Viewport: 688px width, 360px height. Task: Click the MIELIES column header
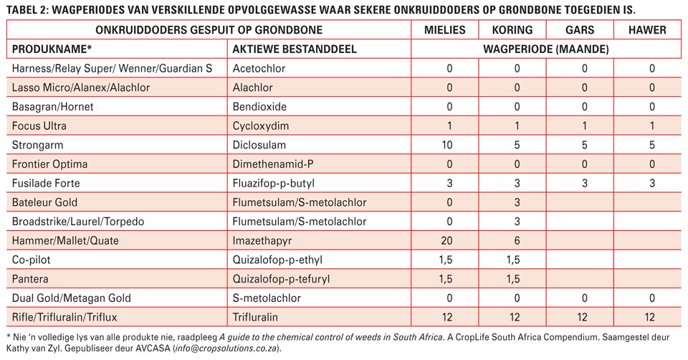tap(444, 30)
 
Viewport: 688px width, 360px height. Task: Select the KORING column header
tap(512, 30)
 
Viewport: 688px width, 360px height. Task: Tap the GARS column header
tap(580, 30)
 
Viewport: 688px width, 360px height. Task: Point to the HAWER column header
tap(647, 30)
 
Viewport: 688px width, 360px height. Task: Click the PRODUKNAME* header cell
tap(52, 49)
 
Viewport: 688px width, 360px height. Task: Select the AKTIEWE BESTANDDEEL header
tap(295, 49)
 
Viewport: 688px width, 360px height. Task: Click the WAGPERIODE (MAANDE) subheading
tap(546, 49)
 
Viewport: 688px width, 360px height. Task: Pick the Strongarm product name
tap(37, 145)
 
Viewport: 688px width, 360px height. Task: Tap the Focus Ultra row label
tap(39, 125)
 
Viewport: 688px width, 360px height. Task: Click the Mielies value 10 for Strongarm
tap(447, 145)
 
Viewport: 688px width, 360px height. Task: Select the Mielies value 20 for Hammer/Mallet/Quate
tap(447, 240)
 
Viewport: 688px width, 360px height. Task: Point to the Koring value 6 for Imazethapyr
tap(517, 240)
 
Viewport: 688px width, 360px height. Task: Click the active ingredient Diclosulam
tap(259, 145)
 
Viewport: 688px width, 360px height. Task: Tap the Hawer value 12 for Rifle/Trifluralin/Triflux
tap(649, 317)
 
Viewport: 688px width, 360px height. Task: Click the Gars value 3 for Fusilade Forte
tap(585, 183)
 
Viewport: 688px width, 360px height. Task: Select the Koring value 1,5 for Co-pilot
tap(513, 260)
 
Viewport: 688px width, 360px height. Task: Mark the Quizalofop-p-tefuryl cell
tap(281, 279)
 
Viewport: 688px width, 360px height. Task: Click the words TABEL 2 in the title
tap(27, 10)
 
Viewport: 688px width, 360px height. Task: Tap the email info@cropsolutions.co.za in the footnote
tap(226, 349)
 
